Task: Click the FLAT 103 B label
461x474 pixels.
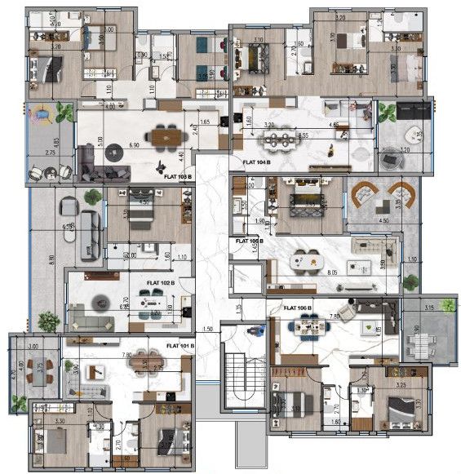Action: (x=178, y=175)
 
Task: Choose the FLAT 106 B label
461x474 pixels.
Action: (x=299, y=308)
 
